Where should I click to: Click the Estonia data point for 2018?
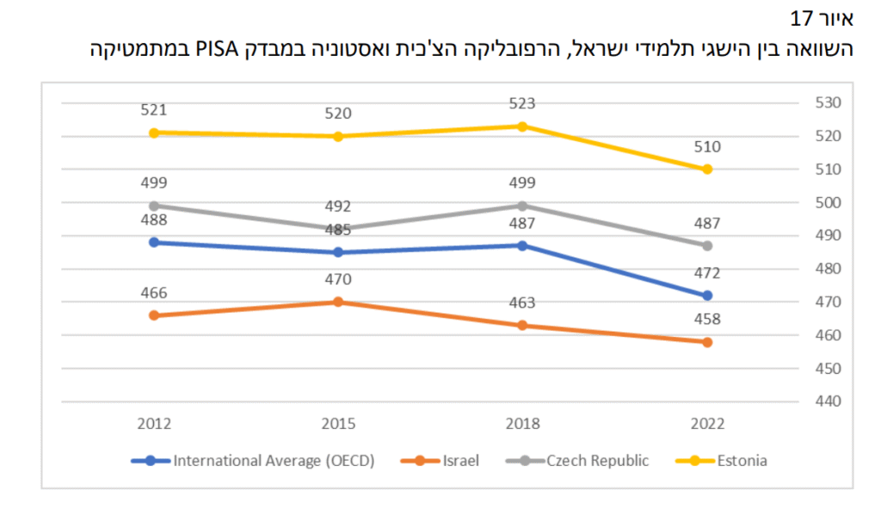[x=522, y=126]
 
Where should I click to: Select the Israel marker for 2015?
[x=338, y=301]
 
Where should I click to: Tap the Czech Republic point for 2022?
[x=707, y=245]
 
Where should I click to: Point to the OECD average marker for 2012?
[x=154, y=242]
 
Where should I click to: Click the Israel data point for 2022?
[x=707, y=342]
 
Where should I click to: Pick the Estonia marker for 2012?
[x=154, y=133]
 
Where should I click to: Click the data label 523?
[x=522, y=103]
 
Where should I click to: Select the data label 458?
[x=707, y=320]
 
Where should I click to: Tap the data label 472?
[x=707, y=274]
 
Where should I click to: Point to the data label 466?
[x=154, y=293]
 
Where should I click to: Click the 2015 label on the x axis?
[x=338, y=424]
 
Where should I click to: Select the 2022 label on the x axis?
[x=707, y=424]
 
